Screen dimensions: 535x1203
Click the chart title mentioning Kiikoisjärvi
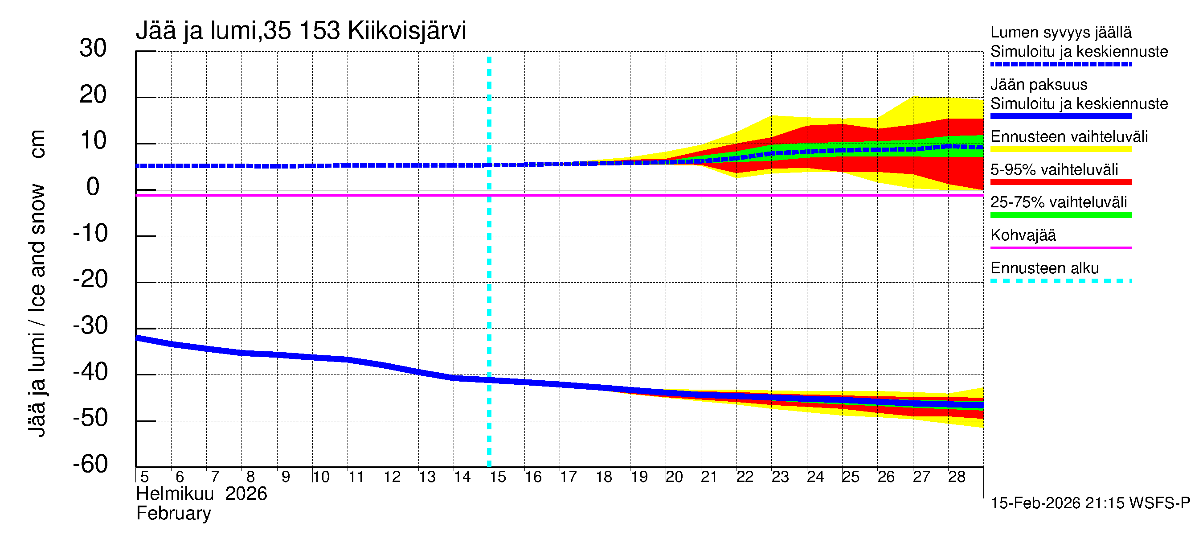click(301, 31)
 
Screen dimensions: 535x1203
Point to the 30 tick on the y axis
click(93, 49)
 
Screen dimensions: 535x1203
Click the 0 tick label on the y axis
click(93, 187)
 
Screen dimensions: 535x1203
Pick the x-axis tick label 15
click(498, 477)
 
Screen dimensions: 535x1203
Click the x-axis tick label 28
click(957, 477)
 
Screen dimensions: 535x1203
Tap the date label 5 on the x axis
click(144, 477)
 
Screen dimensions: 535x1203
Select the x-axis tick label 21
click(709, 477)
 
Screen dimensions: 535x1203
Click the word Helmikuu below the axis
click(175, 494)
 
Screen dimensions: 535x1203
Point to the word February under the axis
click(174, 514)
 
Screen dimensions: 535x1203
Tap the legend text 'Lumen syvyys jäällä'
click(1061, 33)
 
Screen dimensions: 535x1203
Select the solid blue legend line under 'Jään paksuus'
click(1061, 116)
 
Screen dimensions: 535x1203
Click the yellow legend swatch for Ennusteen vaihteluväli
click(1061, 149)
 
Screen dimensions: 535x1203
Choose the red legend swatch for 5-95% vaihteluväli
click(1061, 182)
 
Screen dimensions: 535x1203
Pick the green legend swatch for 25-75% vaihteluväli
click(1061, 215)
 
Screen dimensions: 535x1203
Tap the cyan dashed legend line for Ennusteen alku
click(1061, 281)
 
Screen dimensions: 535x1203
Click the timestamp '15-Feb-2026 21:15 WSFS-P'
click(1090, 503)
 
